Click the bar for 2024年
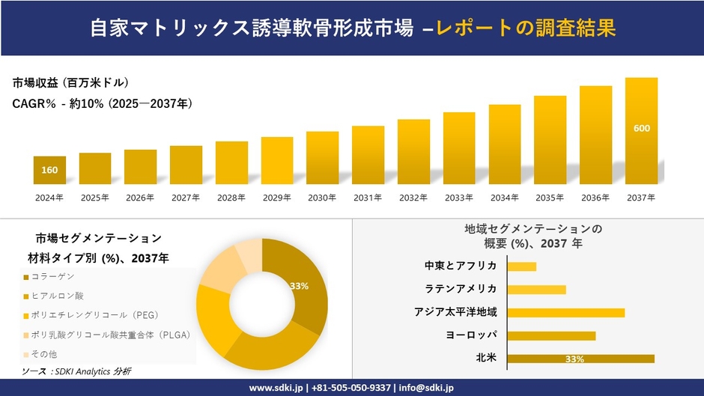pyautogui.click(x=49, y=170)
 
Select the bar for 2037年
pyautogui.click(x=641, y=131)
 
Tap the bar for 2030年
pyautogui.click(x=322, y=157)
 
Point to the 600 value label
pyautogui.click(x=642, y=128)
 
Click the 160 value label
pyautogui.click(x=49, y=170)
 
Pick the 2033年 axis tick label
pyautogui.click(x=459, y=198)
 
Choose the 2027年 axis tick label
pyautogui.click(x=186, y=198)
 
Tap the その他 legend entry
pyautogui.click(x=43, y=353)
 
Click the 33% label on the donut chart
pyautogui.click(x=299, y=286)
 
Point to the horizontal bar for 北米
pyautogui.click(x=580, y=359)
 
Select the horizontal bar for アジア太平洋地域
pyautogui.click(x=565, y=312)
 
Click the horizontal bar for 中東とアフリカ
pyautogui.click(x=522, y=266)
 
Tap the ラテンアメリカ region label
pyautogui.click(x=461, y=289)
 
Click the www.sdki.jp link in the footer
pyautogui.click(x=275, y=388)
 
